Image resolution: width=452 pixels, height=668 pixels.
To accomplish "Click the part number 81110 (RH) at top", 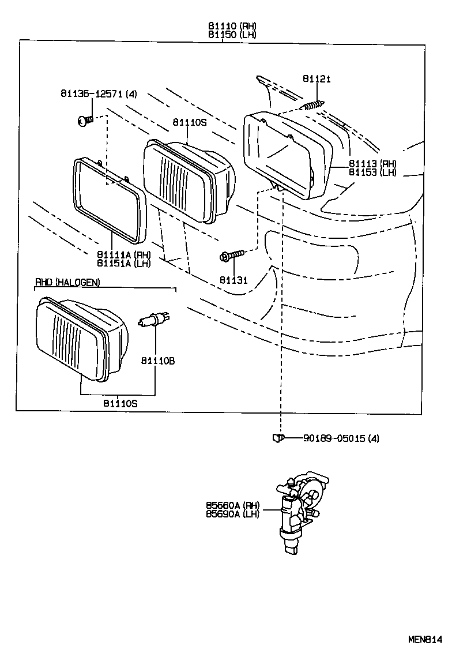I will tap(232, 26).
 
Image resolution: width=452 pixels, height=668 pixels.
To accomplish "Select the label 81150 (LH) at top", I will tap(232, 34).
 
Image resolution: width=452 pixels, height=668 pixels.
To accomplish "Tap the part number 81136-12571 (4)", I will tap(99, 93).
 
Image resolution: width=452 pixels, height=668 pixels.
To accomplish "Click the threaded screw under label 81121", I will tap(312, 106).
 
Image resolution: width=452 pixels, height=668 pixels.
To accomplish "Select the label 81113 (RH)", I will tap(372, 164).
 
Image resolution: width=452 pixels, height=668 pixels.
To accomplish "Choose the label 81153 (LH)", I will tap(372, 172).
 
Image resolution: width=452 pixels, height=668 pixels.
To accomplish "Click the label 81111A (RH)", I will tap(123, 255).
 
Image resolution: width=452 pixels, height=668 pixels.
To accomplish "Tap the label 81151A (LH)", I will tap(123, 263).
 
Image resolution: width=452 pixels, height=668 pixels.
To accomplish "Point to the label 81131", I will tap(233, 280).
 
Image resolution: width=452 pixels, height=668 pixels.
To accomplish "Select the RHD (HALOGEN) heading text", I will tap(67, 282).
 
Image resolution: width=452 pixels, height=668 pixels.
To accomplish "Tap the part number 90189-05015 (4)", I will tap(341, 438).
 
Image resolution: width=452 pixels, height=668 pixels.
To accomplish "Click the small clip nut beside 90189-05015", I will tap(278, 438).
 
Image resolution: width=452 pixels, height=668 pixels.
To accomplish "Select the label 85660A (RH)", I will tap(232, 505).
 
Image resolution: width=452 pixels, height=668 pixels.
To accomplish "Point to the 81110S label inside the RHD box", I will tap(120, 403).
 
